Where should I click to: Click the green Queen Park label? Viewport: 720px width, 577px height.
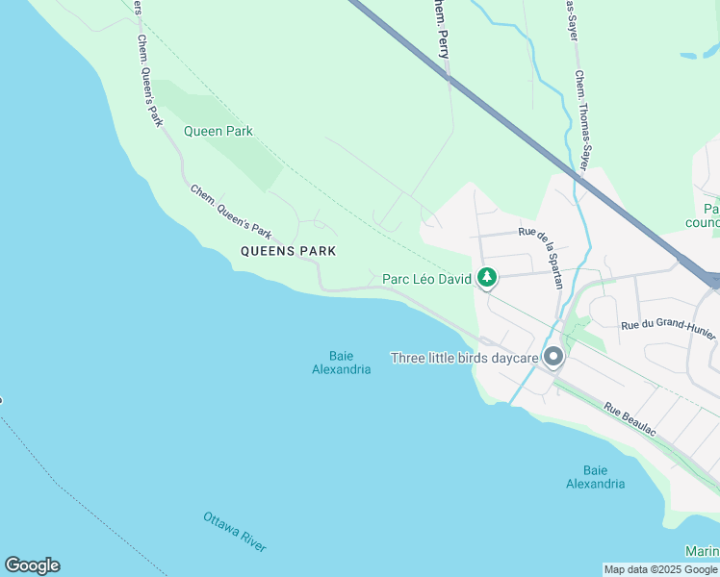[x=218, y=131]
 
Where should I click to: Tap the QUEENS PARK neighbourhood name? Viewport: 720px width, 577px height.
[x=288, y=251]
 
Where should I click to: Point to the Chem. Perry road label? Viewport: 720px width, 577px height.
[x=441, y=29]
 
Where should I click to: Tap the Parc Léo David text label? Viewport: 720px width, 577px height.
[x=426, y=279]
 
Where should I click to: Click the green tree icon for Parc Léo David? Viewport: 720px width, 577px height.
[x=488, y=278]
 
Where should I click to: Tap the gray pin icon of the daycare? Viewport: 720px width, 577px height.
[x=553, y=358]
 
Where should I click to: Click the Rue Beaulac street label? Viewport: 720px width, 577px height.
[x=630, y=421]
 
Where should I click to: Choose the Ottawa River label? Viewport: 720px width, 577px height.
[x=234, y=532]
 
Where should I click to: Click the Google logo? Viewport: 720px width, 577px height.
[x=32, y=565]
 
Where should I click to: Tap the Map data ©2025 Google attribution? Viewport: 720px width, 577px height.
[x=660, y=569]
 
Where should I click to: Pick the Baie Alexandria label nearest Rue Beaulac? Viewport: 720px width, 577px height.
[x=595, y=477]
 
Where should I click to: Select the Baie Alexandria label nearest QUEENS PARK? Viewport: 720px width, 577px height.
[x=342, y=363]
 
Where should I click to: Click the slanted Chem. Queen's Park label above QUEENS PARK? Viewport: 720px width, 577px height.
[x=232, y=212]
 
